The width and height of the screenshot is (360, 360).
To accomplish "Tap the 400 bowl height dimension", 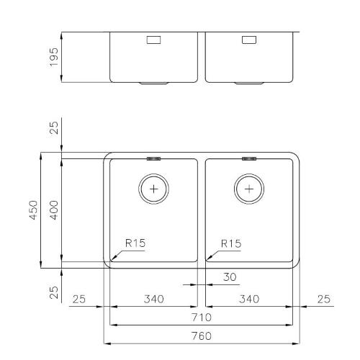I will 53,210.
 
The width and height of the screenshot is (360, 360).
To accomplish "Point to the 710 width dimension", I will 201,317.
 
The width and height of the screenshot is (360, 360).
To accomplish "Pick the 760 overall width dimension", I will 201,336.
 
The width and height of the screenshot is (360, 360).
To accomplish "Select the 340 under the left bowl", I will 152,298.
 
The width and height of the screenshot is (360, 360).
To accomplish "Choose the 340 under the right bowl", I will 249,298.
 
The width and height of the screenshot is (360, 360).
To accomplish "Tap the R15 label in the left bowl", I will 135,243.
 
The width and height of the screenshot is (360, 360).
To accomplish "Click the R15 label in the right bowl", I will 230,243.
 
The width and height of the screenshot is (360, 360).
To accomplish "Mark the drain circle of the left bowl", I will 153,189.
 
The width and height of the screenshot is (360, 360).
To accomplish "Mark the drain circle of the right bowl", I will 249,189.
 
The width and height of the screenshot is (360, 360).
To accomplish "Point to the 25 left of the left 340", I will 80,298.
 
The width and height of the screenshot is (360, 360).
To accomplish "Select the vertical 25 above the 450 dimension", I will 53,129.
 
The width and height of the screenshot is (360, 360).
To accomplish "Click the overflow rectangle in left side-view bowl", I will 153,40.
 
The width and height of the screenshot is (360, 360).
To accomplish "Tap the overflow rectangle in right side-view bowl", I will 249,40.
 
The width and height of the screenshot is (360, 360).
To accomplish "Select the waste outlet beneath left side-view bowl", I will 153,83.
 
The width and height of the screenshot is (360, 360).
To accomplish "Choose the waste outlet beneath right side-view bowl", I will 249,83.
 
